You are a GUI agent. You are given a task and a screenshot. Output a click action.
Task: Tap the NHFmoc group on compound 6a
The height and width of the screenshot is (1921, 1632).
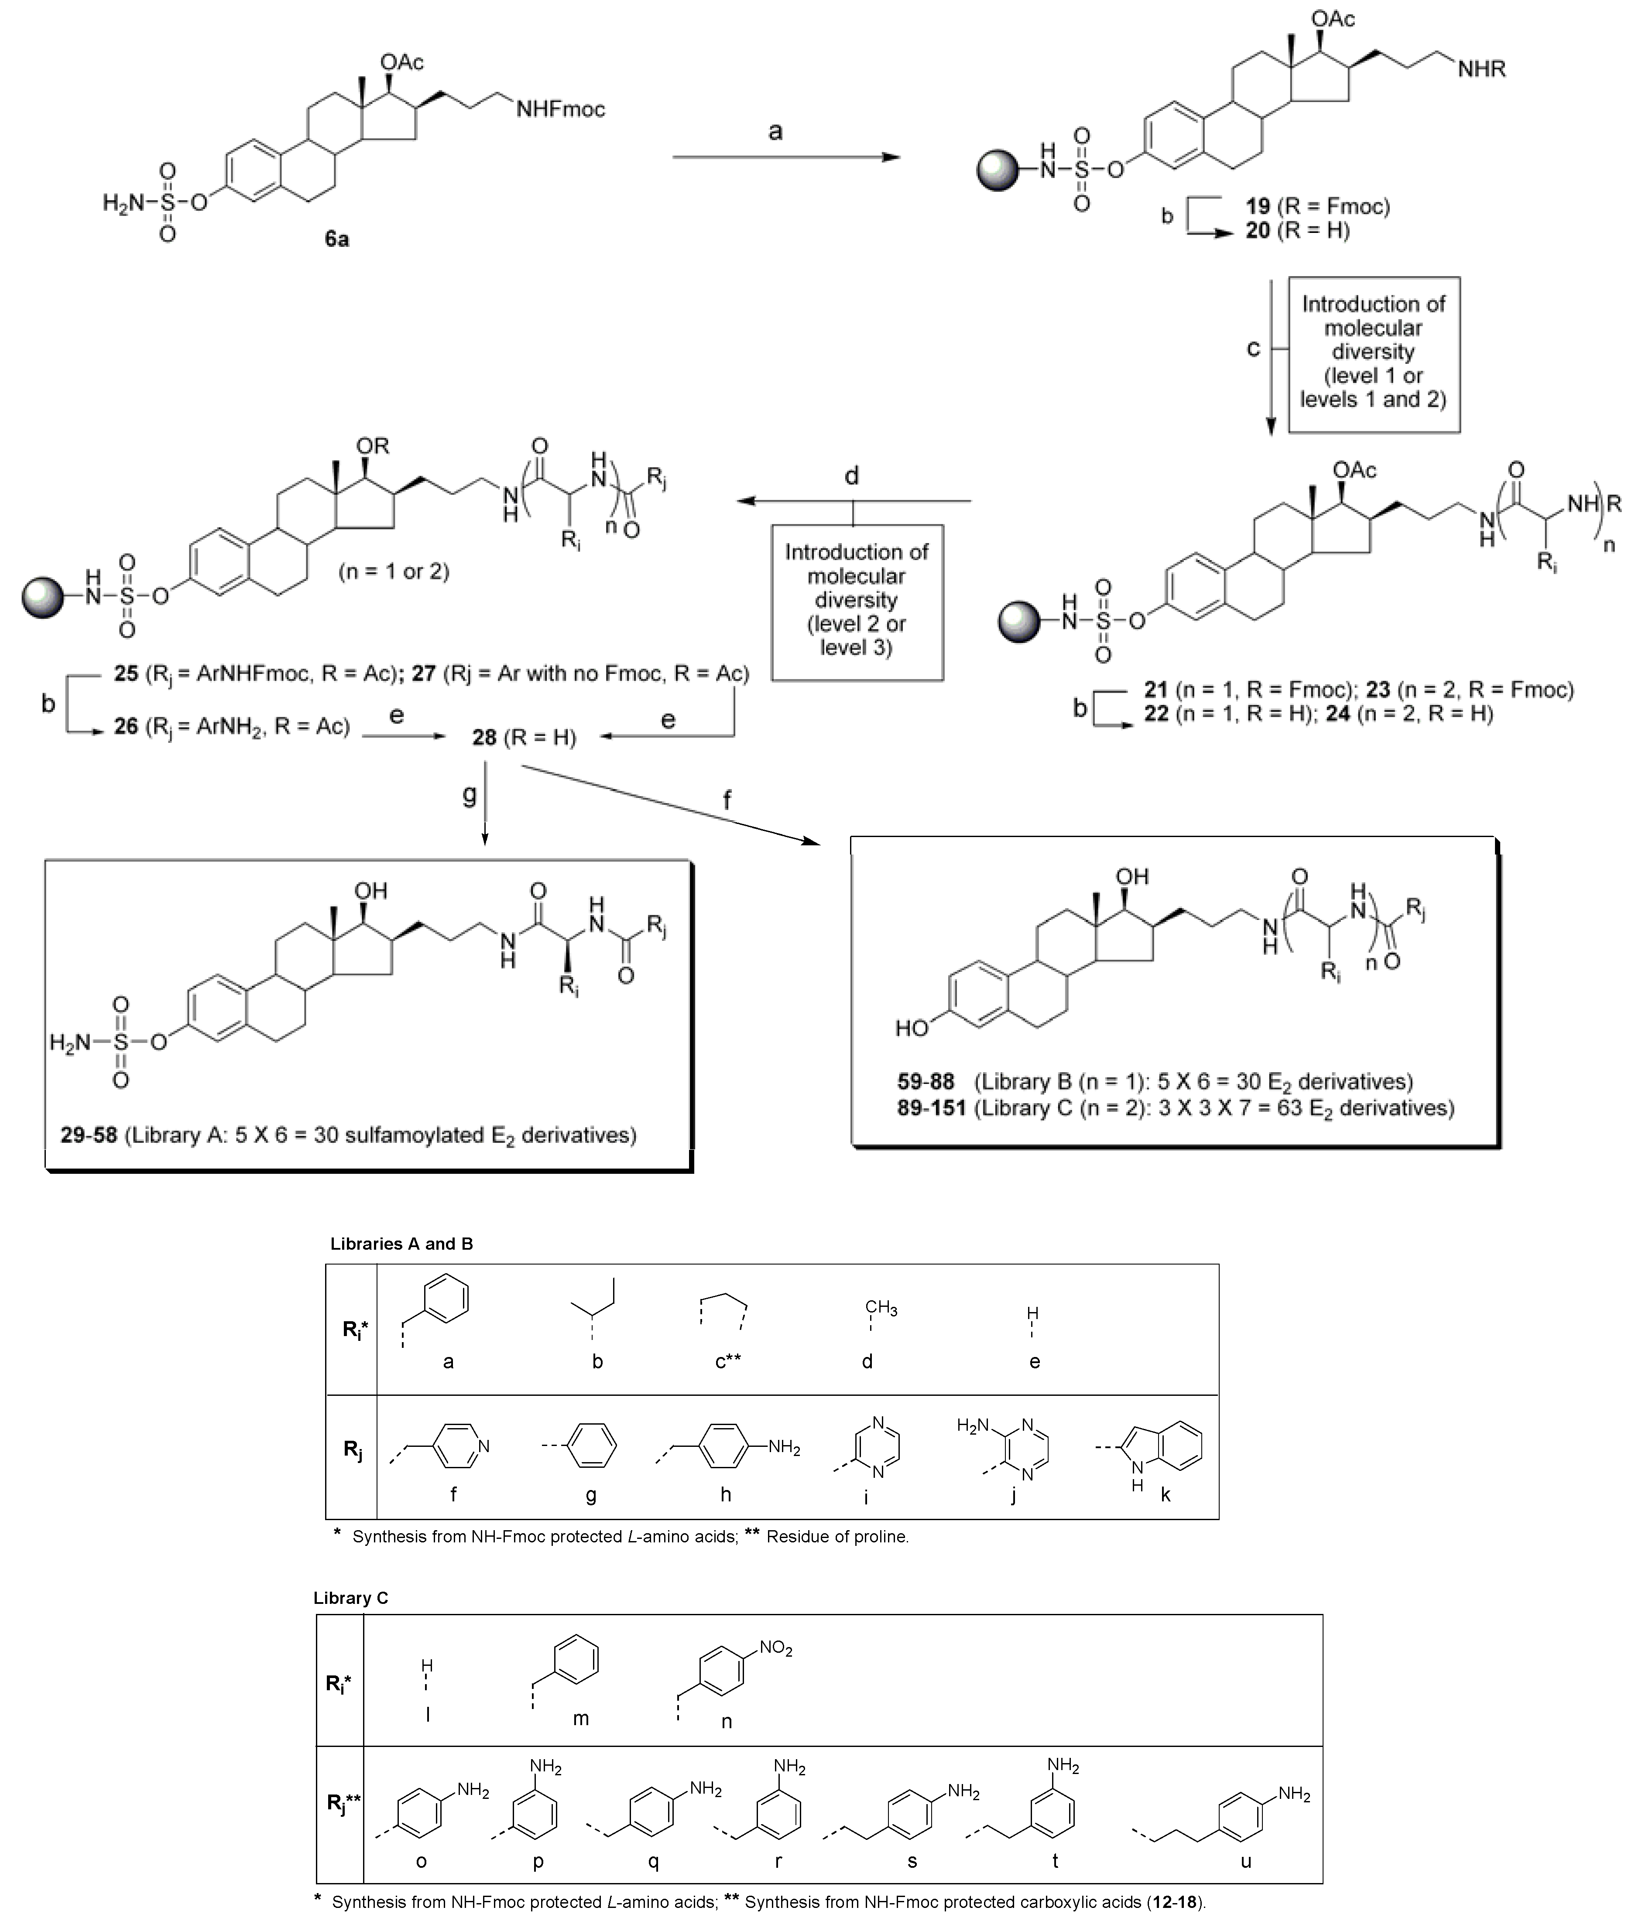[x=560, y=109]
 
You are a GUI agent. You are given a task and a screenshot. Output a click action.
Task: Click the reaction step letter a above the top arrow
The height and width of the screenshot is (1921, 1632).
[x=775, y=131]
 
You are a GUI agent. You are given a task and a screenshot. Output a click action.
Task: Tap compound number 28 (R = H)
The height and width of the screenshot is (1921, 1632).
[x=484, y=737]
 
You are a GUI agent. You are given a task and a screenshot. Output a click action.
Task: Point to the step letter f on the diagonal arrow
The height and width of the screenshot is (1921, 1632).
[x=727, y=800]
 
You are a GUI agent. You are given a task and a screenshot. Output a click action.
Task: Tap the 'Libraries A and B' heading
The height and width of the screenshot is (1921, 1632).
[x=401, y=1244]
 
